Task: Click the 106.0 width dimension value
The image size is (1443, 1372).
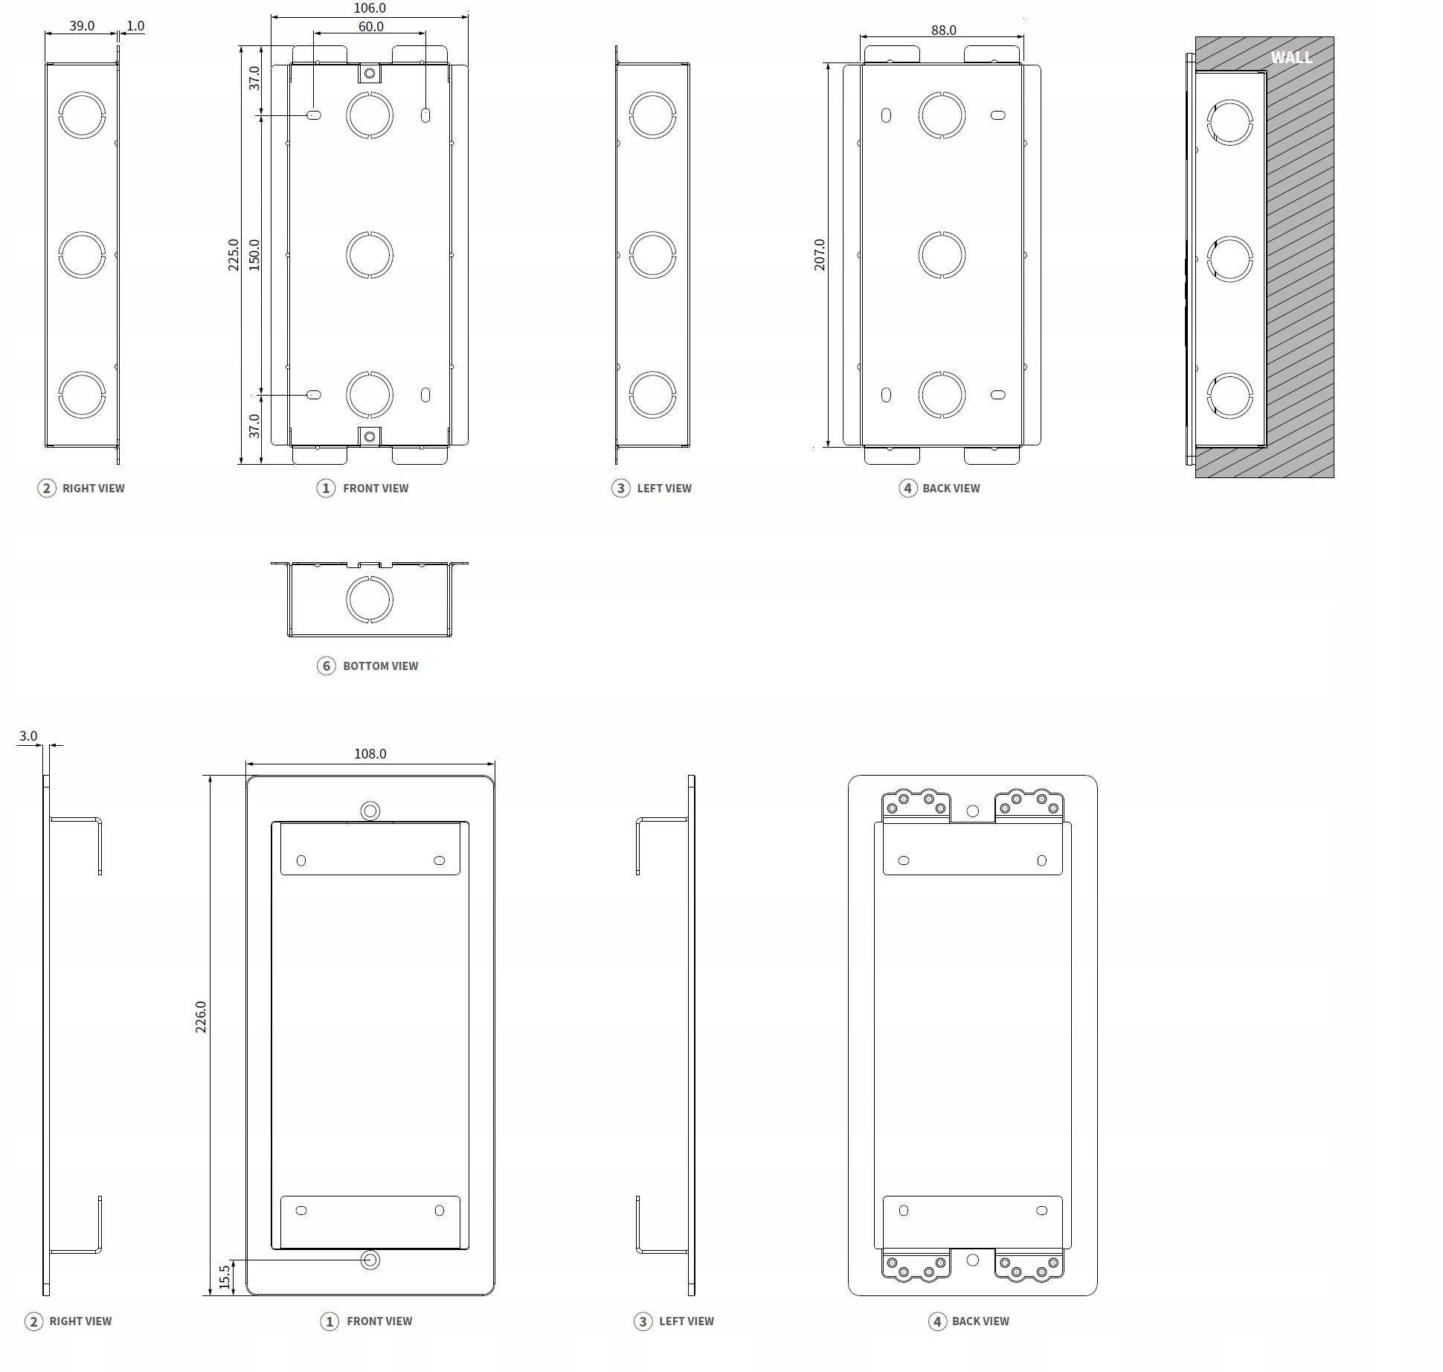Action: tap(370, 8)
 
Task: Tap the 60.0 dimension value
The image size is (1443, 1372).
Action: tap(371, 27)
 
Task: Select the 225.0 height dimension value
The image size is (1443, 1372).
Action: tap(234, 254)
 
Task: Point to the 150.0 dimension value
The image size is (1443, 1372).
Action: tap(254, 254)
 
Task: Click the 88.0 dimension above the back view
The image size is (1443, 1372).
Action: tap(943, 30)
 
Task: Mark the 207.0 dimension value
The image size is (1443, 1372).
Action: tap(820, 254)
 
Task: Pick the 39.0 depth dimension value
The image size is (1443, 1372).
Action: tap(82, 26)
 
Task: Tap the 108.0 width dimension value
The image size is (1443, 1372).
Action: tap(370, 754)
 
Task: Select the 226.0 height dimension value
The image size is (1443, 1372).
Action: tap(201, 1017)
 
